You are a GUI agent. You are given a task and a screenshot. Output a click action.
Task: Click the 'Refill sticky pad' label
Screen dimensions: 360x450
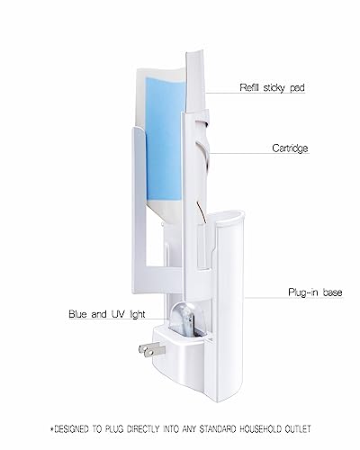272,87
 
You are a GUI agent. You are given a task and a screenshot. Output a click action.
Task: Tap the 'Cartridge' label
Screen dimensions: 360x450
290,148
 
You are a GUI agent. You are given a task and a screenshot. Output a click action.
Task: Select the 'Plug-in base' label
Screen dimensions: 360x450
315,292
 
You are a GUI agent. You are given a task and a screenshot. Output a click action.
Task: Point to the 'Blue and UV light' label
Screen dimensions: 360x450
107,314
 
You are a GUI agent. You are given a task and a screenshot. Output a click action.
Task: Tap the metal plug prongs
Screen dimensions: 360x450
152,350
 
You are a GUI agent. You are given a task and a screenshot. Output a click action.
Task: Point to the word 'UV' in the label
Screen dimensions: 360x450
119,314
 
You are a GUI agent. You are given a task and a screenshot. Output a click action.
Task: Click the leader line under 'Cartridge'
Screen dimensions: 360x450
259,154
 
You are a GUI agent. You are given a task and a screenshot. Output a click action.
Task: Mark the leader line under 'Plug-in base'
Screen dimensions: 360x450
293,298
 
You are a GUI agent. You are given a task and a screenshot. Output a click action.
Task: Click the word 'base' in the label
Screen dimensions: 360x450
333,292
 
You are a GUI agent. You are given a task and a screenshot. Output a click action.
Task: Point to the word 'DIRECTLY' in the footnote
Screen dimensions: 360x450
143,429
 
